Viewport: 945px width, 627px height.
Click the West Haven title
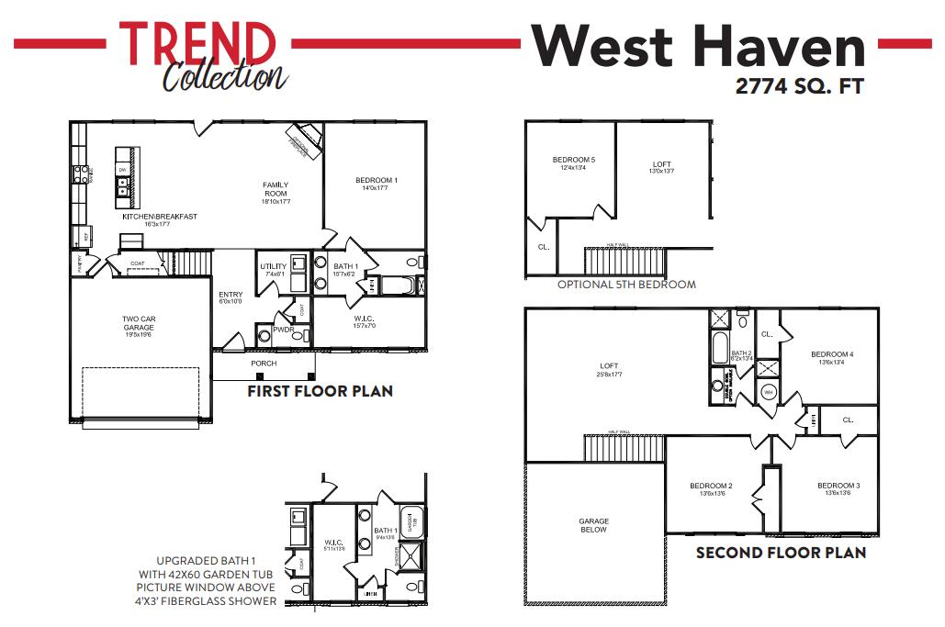pyautogui.click(x=698, y=43)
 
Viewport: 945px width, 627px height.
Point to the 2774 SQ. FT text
pyautogui.click(x=800, y=87)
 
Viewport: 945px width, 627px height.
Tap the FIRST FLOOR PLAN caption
pyautogui.click(x=320, y=391)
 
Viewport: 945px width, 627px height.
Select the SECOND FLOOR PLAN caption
pyautogui.click(x=781, y=553)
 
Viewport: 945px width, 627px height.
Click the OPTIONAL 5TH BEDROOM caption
pyautogui.click(x=626, y=284)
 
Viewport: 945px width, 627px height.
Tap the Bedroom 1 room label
pyautogui.click(x=376, y=180)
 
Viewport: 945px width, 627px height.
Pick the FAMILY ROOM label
pyautogui.click(x=275, y=189)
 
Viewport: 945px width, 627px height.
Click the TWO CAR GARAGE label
pyautogui.click(x=139, y=322)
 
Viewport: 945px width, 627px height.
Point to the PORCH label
pyautogui.click(x=264, y=364)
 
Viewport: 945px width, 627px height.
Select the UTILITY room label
pyautogui.click(x=274, y=266)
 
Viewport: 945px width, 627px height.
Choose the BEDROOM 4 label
pyautogui.click(x=832, y=354)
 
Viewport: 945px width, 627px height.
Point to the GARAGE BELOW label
pyautogui.click(x=593, y=525)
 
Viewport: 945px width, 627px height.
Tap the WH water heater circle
pyautogui.click(x=767, y=393)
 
